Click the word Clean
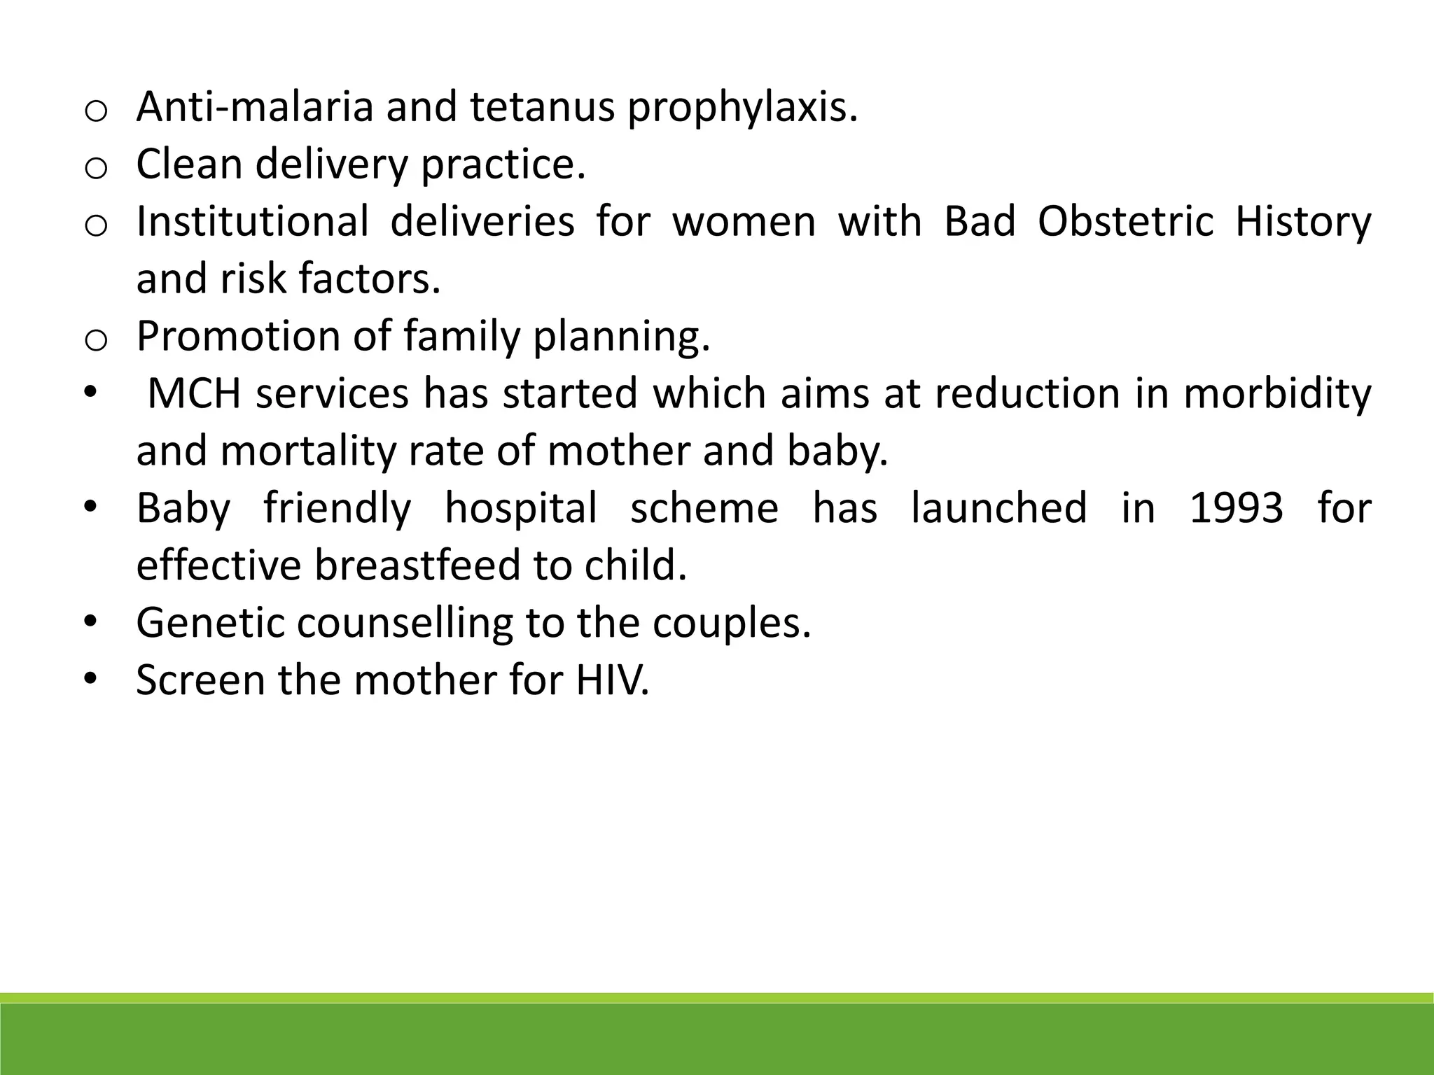click(189, 164)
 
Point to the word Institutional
click(252, 222)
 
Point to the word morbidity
click(1277, 394)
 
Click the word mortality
click(308, 451)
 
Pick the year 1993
click(1237, 509)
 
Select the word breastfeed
click(417, 566)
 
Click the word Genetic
click(211, 624)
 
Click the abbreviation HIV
click(612, 681)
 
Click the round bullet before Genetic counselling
click(89, 622)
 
